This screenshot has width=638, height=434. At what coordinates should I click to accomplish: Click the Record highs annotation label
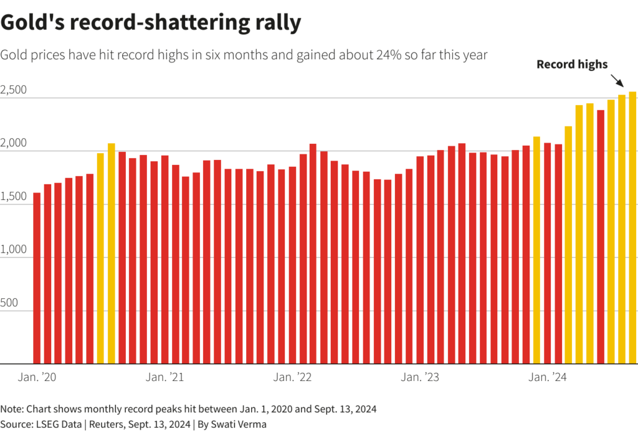(572, 64)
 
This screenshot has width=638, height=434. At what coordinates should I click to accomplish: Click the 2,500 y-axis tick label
(14, 90)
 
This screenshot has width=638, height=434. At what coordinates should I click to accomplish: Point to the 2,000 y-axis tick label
(14, 143)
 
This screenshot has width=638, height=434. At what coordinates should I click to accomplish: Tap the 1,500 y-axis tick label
(14, 197)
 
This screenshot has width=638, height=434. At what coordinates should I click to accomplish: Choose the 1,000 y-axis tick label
(14, 250)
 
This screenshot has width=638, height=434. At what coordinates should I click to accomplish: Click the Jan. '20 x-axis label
(37, 377)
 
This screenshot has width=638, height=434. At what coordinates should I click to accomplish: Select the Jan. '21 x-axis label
(164, 377)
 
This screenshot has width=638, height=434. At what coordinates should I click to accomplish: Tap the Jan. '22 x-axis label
(292, 377)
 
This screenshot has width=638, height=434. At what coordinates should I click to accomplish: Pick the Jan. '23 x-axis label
(420, 377)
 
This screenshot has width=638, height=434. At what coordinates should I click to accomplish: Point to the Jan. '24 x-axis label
(548, 377)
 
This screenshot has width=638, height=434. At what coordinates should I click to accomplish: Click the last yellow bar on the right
(632, 228)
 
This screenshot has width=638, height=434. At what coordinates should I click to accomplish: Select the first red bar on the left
(37, 278)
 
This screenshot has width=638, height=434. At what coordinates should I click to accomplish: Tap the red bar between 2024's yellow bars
(601, 237)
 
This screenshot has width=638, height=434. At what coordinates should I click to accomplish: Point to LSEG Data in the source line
(53, 425)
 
